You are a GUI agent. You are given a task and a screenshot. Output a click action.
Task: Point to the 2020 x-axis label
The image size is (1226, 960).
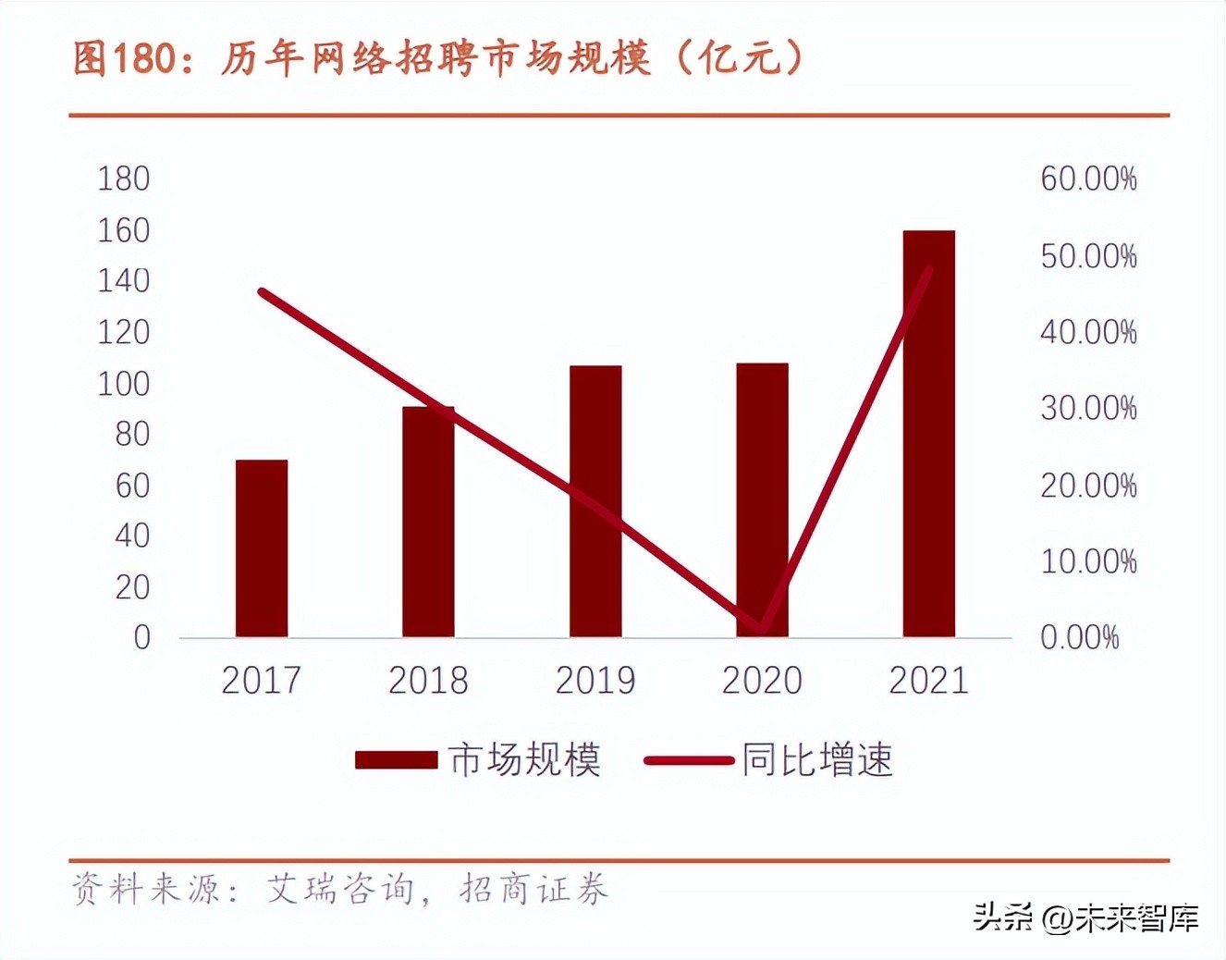point(762,681)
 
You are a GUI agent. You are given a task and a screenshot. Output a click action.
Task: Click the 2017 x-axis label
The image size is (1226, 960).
point(262,681)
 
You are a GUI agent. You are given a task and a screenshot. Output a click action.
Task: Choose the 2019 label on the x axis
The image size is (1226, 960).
point(595,681)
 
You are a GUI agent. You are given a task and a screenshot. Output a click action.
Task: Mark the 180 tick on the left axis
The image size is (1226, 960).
point(124,178)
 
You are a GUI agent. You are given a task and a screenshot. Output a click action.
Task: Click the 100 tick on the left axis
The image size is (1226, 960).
point(124,383)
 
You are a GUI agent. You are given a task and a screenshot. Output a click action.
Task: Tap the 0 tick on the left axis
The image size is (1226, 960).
point(141,637)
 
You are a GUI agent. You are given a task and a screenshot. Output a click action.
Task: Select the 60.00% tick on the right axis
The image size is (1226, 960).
point(1088,178)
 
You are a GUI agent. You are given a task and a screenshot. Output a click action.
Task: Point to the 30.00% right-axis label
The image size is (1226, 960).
point(1088,408)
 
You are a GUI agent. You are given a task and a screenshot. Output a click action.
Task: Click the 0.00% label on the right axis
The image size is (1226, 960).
point(1079,637)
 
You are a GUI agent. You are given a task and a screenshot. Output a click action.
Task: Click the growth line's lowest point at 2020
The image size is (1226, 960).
point(761,628)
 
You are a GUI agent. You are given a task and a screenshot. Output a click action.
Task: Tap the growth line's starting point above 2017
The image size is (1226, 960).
point(263,292)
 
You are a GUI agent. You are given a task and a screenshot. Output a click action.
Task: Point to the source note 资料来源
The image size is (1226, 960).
point(340,890)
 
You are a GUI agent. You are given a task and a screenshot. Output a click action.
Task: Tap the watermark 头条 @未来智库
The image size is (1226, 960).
point(1086,917)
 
